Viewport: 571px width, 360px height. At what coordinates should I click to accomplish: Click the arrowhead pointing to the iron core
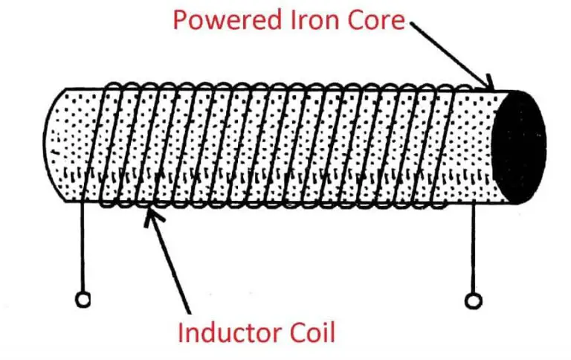(x=490, y=83)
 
